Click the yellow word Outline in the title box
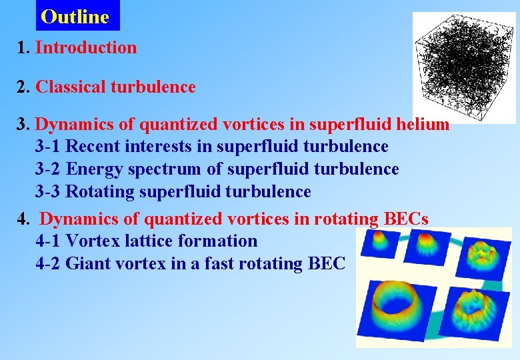[75, 17]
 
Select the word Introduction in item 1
[86, 47]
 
